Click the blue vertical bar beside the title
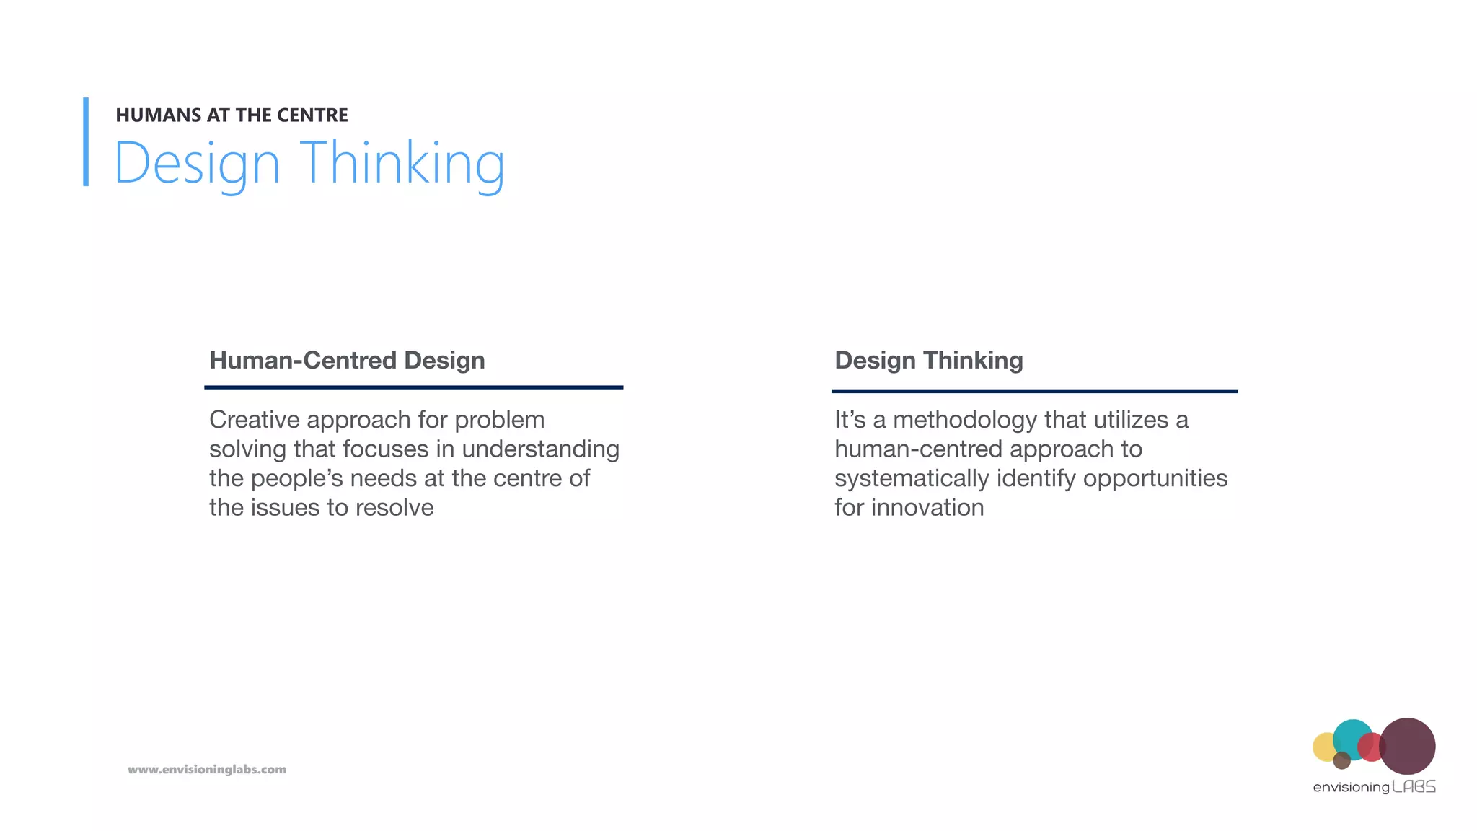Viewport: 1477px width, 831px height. (86, 142)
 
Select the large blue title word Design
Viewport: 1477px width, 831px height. (197, 164)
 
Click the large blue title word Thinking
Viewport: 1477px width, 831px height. (402, 164)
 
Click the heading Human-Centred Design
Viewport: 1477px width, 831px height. (347, 360)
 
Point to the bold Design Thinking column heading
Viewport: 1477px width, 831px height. (928, 360)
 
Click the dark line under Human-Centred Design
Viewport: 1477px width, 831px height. (413, 387)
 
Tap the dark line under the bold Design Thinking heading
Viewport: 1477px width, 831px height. (1034, 391)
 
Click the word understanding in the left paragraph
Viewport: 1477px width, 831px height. (540, 449)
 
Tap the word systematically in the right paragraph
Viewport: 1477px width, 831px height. (912, 478)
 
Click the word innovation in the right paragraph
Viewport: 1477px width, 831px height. (927, 508)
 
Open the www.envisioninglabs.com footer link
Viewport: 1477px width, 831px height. (207, 770)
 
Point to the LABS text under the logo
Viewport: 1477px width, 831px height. (1414, 787)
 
